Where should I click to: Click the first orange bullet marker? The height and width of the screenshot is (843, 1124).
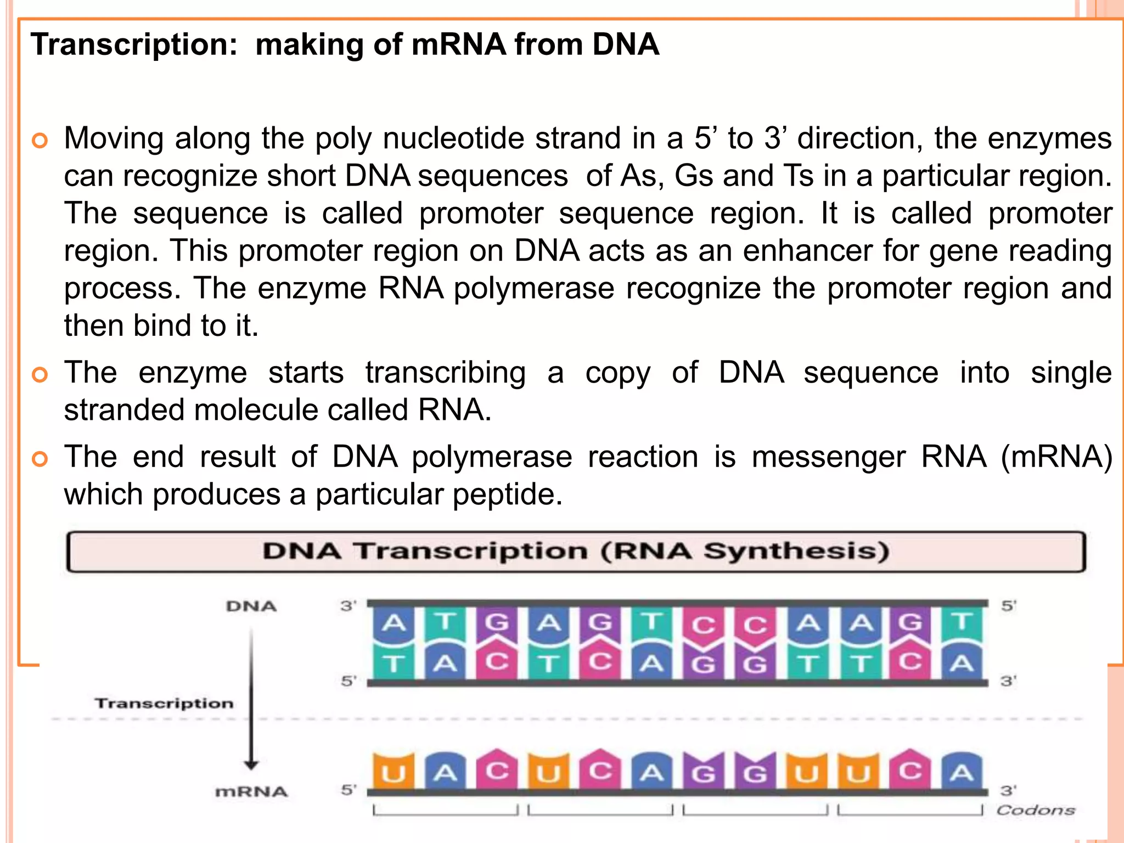(x=40, y=140)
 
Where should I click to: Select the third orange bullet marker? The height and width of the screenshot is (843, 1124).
(x=40, y=459)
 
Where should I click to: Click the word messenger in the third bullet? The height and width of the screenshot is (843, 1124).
(x=828, y=457)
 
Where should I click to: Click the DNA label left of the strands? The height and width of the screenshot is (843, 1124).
(x=251, y=606)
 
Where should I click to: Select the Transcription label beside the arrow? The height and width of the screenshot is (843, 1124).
(x=164, y=703)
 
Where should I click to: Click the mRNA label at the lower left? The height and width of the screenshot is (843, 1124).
(x=251, y=791)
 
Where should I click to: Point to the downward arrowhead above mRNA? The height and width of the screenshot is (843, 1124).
(x=251, y=765)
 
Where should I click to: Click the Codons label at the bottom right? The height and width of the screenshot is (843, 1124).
(x=1035, y=810)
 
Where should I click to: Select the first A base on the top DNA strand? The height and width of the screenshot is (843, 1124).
(x=393, y=623)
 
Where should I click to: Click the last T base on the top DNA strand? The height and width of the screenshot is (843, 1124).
(x=962, y=623)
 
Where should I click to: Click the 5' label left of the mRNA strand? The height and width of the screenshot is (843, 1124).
(x=349, y=790)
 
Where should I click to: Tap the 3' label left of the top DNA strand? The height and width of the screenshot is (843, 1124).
(x=348, y=606)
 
